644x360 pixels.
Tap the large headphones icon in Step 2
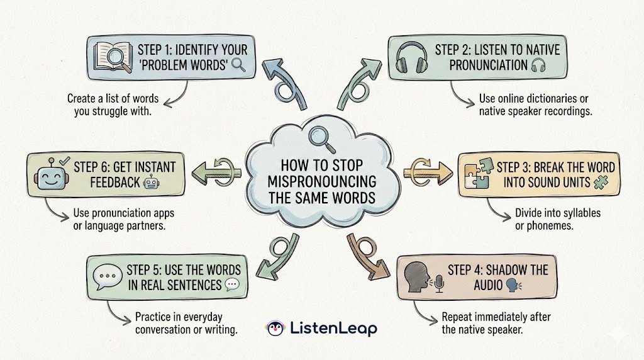(x=409, y=58)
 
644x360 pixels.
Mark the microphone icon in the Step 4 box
(x=440, y=284)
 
